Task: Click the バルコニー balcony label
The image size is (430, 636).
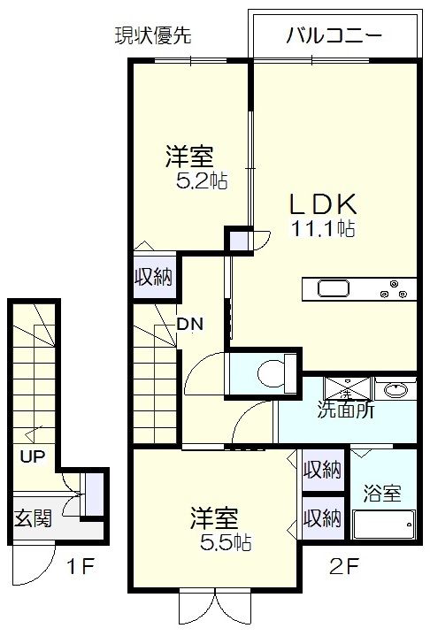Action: click(334, 36)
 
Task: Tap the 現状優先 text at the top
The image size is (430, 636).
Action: click(153, 36)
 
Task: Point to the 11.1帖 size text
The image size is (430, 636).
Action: click(324, 229)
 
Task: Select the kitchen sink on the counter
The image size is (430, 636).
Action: click(334, 289)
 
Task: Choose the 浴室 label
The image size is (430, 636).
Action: click(383, 493)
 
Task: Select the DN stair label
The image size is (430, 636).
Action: click(189, 324)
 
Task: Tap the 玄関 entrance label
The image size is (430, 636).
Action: click(32, 517)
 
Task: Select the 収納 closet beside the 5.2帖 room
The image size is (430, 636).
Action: click(153, 275)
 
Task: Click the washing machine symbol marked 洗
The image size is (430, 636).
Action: click(347, 389)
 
